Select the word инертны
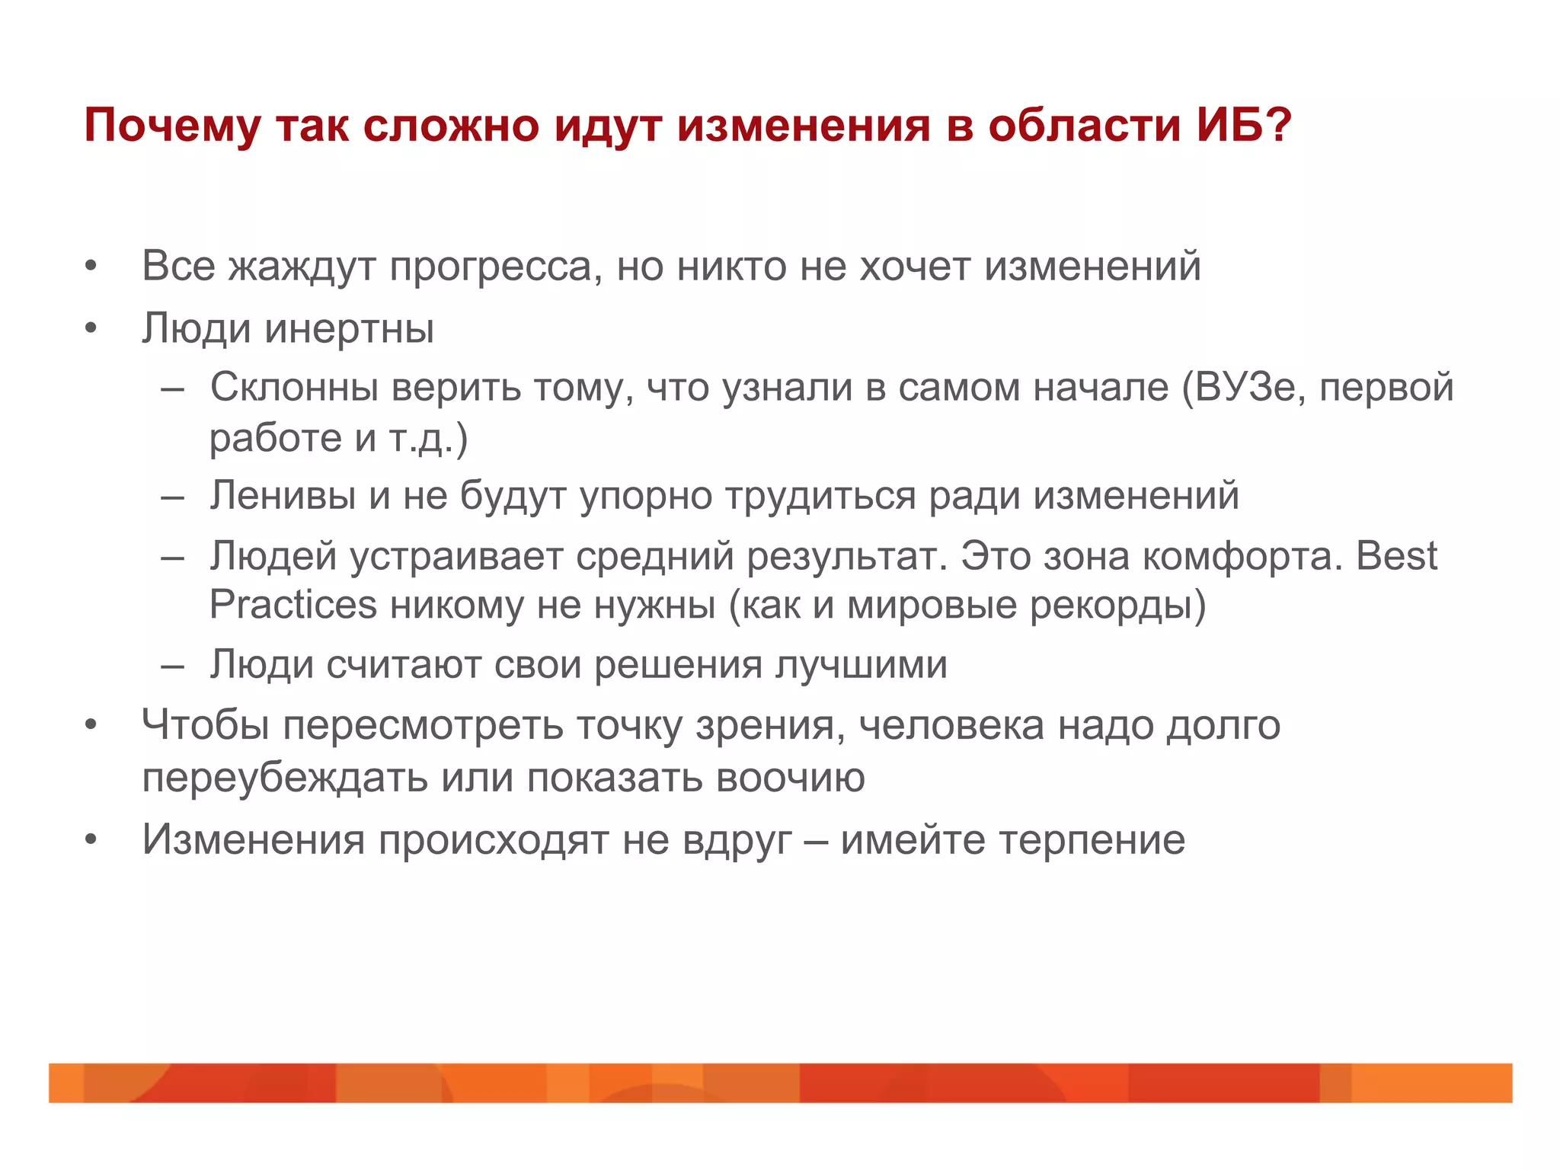350,329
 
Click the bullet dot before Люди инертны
91,329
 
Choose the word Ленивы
283,496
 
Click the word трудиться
820,496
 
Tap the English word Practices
292,606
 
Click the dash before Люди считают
173,666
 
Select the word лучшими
861,665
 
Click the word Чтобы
206,725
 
